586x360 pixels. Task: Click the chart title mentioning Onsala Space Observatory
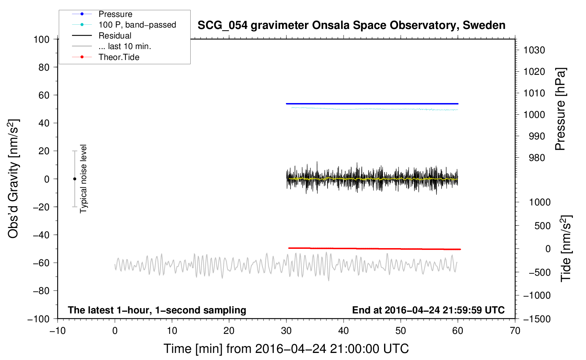coord(351,25)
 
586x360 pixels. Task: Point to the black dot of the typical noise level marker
coord(74,179)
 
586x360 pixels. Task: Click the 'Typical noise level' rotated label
coord(83,179)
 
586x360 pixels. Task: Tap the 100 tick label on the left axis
coord(41,40)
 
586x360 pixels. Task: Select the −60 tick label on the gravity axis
coord(41,263)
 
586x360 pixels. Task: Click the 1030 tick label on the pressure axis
coord(534,50)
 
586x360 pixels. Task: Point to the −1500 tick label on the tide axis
coord(537,319)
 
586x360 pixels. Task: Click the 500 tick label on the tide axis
coord(542,226)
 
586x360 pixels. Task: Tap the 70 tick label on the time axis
coord(515,331)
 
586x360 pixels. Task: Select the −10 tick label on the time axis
coord(58,331)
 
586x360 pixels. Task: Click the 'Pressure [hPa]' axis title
coord(560,109)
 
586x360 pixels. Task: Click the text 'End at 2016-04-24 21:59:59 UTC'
coord(428,310)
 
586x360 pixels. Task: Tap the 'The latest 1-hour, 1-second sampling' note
coord(157,310)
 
